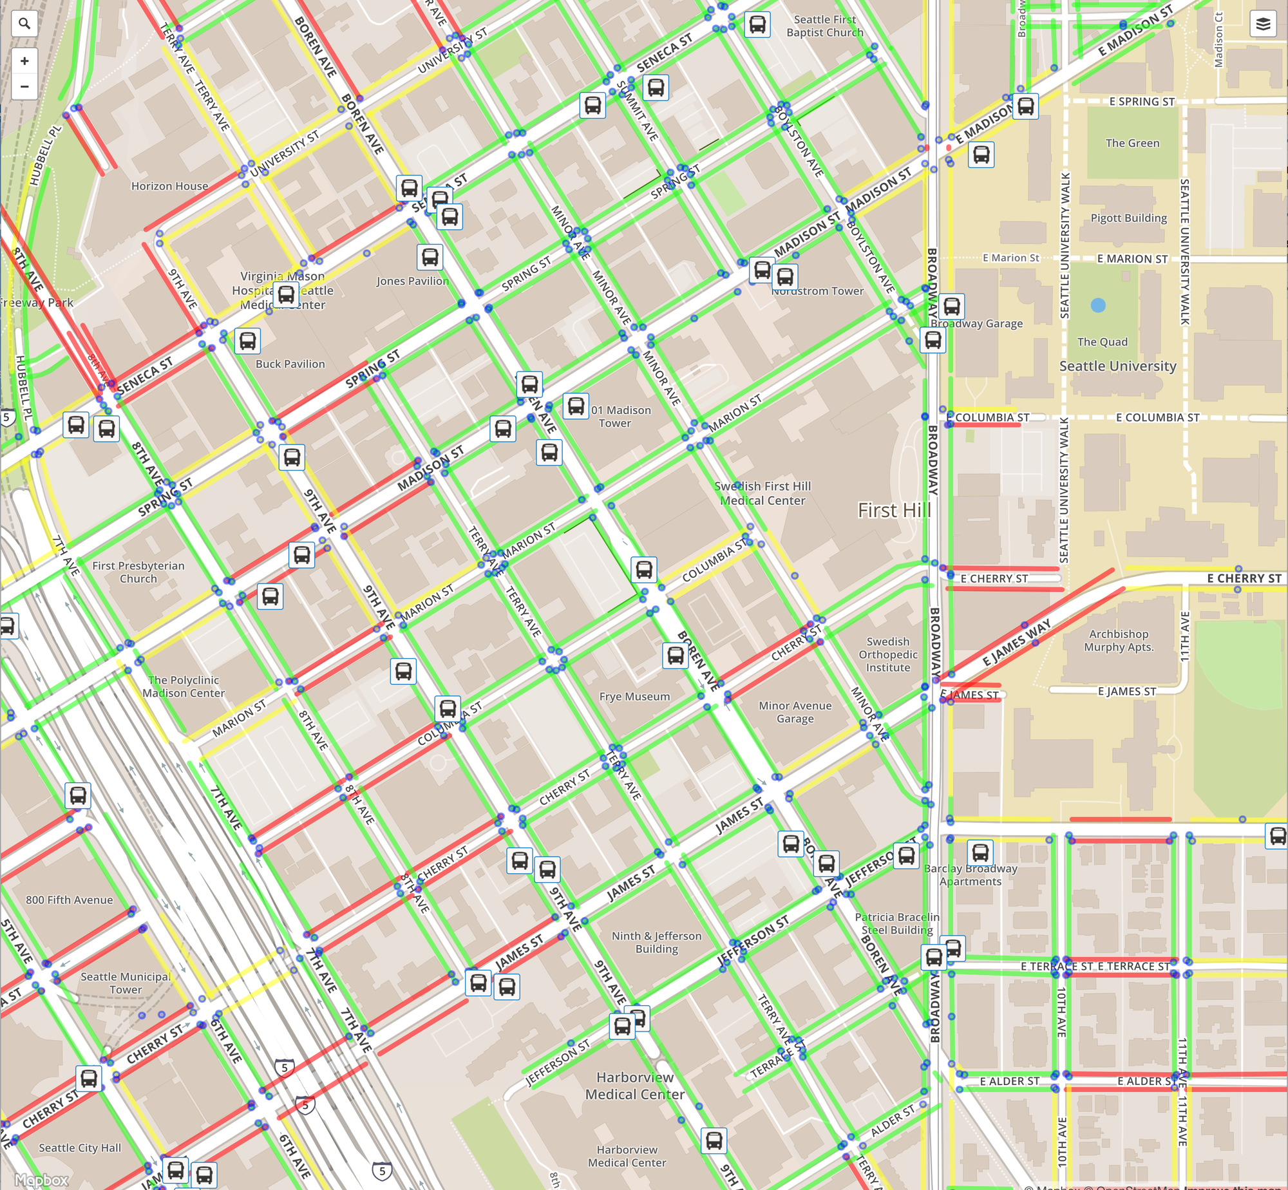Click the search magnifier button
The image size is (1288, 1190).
pyautogui.click(x=24, y=24)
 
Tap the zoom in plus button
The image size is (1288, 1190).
pyautogui.click(x=24, y=61)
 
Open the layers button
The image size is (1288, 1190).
pyautogui.click(x=1263, y=24)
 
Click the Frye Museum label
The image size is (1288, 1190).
pyautogui.click(x=634, y=696)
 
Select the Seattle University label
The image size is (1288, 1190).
pyautogui.click(x=1117, y=366)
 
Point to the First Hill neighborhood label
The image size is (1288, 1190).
pyautogui.click(x=895, y=510)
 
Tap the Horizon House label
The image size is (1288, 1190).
pyautogui.click(x=169, y=186)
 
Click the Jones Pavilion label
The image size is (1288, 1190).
pyautogui.click(x=412, y=281)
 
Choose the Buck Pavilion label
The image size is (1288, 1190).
pyautogui.click(x=290, y=364)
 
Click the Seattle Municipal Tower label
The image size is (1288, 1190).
pyautogui.click(x=126, y=983)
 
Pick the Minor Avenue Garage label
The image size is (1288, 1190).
pyautogui.click(x=795, y=712)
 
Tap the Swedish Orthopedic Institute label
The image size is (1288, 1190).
pyautogui.click(x=887, y=654)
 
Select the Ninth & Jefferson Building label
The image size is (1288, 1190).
pyautogui.click(x=656, y=942)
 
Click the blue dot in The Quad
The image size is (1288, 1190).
pyautogui.click(x=1098, y=305)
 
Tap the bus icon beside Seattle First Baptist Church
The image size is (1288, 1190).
pyautogui.click(x=757, y=24)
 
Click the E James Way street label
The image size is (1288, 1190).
pyautogui.click(x=1016, y=642)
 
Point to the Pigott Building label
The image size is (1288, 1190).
pyautogui.click(x=1128, y=218)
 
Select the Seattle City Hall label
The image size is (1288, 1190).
pyautogui.click(x=80, y=1148)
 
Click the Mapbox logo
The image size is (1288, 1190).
pyautogui.click(x=41, y=1180)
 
